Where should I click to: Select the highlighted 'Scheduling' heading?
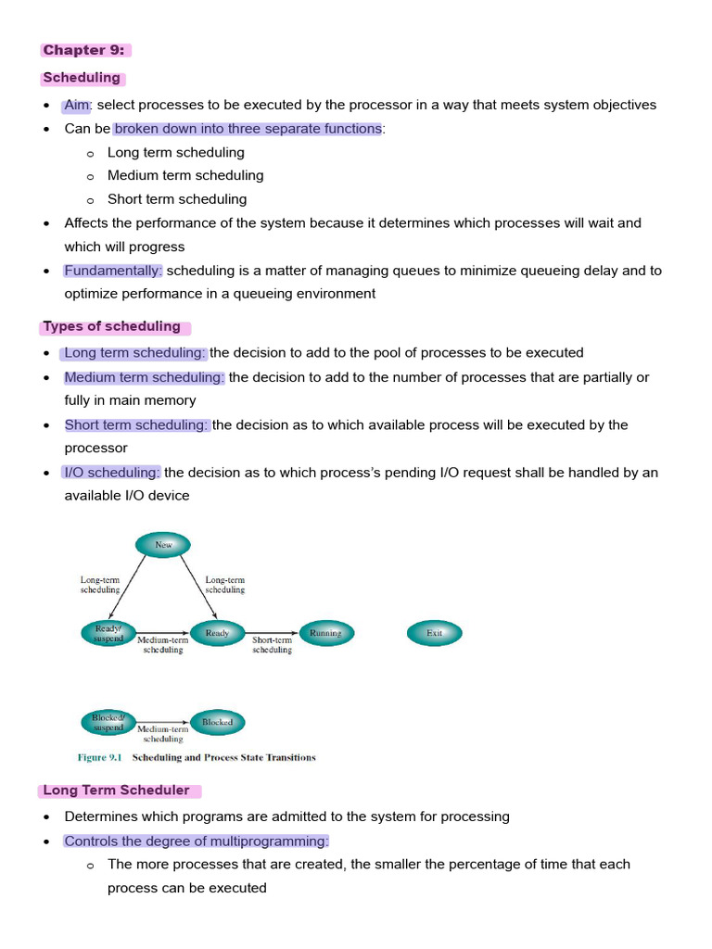82,78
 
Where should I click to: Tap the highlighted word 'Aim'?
77,105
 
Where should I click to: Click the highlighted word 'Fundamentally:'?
113,271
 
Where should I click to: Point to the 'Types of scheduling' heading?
112,326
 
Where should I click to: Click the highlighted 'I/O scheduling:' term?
112,473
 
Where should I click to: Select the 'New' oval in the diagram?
163,545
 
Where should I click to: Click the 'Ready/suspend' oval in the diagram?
108,633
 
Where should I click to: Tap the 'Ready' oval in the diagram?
217,633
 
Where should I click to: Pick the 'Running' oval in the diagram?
325,633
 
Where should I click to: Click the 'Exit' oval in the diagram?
434,633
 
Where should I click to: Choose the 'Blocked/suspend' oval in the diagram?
108,722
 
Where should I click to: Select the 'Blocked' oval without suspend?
217,722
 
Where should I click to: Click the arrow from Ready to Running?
272,633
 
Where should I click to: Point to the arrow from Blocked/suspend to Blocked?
162,722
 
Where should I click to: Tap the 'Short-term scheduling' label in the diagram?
272,645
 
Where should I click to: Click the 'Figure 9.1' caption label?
101,757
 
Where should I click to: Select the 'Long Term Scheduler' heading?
116,791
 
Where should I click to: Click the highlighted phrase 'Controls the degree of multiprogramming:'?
197,841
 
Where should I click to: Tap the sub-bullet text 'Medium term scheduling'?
185,175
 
